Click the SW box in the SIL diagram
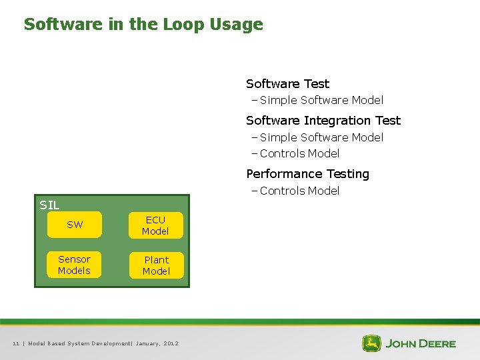75,225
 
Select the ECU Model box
155,225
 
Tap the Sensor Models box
74,265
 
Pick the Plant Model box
156,265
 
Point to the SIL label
49,205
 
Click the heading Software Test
287,84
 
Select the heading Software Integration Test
323,121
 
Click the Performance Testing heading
307,174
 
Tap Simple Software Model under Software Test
321,101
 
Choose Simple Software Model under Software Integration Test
321,137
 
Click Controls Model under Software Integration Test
299,153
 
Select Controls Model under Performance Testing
299,191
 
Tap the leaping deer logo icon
371,343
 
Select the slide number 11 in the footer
16,343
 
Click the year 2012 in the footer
171,343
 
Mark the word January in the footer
147,343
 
